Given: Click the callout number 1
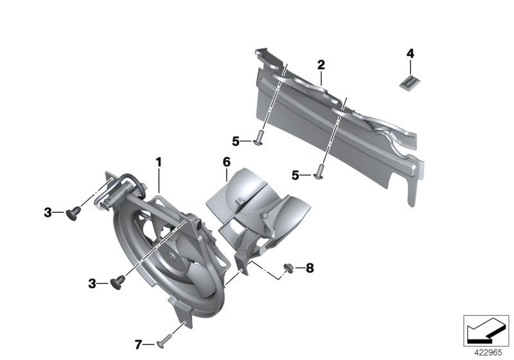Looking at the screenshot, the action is [159, 162].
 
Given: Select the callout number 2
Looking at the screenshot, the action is [321, 64].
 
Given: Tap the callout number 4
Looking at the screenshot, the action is [410, 53].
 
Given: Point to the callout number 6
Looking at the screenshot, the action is [227, 162].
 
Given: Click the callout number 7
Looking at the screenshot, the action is [138, 345].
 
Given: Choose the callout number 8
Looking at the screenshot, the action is [310, 268].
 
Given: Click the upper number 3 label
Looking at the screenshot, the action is [48, 212].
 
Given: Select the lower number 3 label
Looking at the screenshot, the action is [92, 283].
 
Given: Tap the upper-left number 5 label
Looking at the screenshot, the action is [236, 141].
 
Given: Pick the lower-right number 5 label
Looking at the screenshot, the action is [296, 175].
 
